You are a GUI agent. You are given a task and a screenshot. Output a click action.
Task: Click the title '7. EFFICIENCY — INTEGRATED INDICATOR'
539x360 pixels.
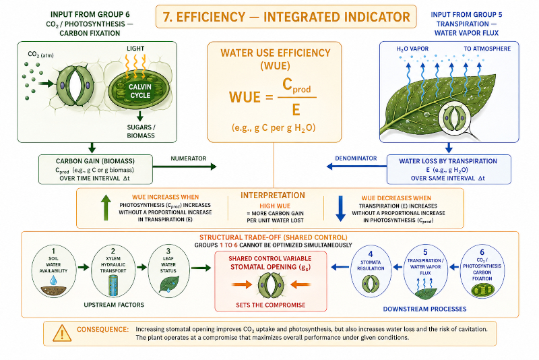click(x=286, y=17)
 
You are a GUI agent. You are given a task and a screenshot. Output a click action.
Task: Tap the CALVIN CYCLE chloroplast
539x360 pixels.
click(x=139, y=90)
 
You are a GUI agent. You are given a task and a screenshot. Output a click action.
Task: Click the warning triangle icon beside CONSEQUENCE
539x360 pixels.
click(x=62, y=333)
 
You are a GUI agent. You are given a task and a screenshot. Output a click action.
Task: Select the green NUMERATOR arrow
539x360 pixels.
click(x=184, y=167)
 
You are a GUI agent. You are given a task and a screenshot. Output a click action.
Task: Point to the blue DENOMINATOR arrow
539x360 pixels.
click(x=356, y=167)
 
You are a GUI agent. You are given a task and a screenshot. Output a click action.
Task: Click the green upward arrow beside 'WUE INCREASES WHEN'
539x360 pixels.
click(x=106, y=208)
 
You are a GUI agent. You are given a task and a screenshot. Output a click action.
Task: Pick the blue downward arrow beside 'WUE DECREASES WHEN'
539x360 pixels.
click(x=340, y=209)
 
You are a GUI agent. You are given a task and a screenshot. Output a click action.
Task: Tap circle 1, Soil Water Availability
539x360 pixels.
click(x=54, y=271)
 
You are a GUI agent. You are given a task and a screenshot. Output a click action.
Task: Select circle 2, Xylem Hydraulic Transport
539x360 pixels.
click(x=113, y=271)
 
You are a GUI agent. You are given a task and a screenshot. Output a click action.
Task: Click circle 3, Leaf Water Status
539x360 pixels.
click(x=168, y=271)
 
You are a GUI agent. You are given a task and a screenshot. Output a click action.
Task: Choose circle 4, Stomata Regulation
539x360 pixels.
click(x=371, y=271)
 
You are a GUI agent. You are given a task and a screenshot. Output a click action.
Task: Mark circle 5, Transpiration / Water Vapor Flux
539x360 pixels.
click(x=425, y=271)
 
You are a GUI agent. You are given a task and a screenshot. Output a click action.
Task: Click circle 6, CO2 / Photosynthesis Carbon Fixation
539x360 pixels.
click(x=482, y=271)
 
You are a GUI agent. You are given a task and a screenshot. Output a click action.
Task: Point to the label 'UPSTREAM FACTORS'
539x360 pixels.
click(x=114, y=305)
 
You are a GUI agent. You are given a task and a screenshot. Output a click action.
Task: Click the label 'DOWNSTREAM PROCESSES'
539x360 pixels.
click(x=424, y=309)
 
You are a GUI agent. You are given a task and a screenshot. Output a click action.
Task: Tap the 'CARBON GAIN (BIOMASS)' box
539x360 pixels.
click(x=96, y=169)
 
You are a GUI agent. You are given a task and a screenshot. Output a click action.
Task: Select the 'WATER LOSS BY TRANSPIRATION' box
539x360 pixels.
click(x=449, y=169)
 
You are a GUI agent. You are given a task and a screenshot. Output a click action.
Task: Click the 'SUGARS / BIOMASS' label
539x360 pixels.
click(x=141, y=131)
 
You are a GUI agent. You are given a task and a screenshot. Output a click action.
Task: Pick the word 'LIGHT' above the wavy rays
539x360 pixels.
click(x=135, y=49)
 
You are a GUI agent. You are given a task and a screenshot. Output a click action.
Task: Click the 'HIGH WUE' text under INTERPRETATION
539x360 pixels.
click(x=275, y=206)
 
